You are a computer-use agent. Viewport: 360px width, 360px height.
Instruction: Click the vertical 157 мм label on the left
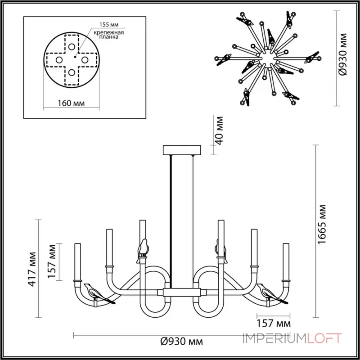click(53, 261)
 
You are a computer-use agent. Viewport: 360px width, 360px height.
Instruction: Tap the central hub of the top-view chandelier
click(268, 57)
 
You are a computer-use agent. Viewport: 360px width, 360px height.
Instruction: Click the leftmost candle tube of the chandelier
click(76, 261)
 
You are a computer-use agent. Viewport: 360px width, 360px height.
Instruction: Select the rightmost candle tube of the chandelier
click(286, 261)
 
